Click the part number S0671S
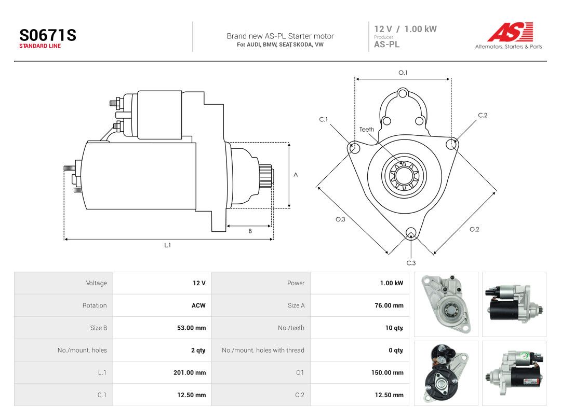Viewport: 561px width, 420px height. [48, 35]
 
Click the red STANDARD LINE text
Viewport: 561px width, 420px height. [40, 46]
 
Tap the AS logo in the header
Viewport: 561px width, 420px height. [510, 32]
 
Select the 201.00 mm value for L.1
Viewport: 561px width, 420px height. [190, 372]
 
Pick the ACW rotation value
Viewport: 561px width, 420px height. [198, 305]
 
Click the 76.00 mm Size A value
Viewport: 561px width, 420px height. [389, 305]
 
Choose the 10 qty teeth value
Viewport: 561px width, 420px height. [394, 328]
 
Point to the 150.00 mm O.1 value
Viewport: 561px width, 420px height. [388, 372]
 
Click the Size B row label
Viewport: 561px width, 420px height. [98, 328]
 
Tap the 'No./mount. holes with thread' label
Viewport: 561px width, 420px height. [263, 351]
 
